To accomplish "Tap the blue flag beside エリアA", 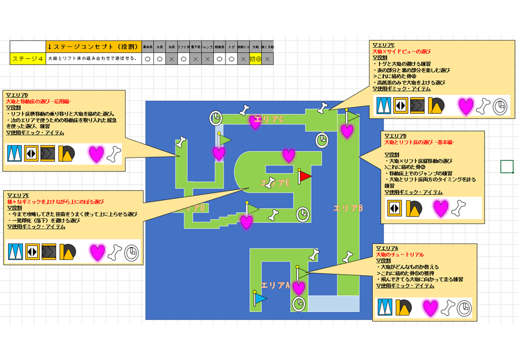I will pos(259,298).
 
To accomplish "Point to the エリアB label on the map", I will pos(348,208).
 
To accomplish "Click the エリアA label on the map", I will pos(275,285).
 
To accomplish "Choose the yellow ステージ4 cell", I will pos(27,58).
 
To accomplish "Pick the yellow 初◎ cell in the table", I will pos(255,58).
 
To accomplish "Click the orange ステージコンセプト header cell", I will pos(93,46).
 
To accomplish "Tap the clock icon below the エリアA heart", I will pos(299,304).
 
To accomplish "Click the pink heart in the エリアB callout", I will pos(440,208).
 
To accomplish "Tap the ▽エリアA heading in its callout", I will pos(387,248).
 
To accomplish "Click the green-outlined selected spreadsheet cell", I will pos(507,166).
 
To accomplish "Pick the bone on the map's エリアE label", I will pos(271,183).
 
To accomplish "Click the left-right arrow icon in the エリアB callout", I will pos(394,208).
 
